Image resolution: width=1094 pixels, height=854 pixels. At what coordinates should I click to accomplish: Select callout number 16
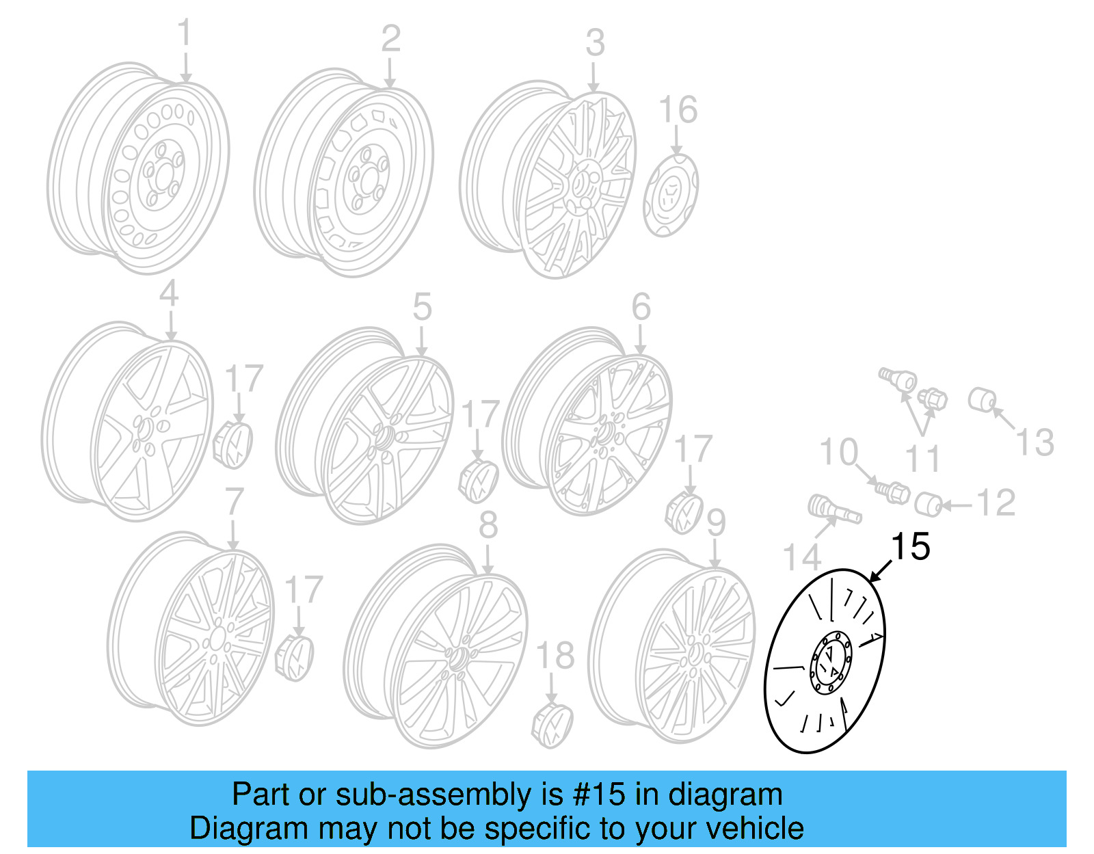tap(678, 110)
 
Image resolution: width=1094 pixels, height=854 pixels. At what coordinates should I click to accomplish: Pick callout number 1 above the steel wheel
tap(185, 34)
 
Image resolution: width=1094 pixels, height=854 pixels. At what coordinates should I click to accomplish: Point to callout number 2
tap(390, 39)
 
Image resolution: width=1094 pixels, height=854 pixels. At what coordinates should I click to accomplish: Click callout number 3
tap(595, 43)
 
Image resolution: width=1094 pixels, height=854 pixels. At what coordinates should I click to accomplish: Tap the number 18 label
tap(555, 656)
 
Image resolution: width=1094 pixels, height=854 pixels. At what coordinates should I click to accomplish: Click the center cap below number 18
tap(552, 723)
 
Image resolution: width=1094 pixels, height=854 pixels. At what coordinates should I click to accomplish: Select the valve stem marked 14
tap(831, 509)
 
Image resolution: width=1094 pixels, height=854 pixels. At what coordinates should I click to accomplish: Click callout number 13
tap(1035, 442)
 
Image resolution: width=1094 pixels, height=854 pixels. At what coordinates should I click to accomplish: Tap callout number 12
tap(996, 504)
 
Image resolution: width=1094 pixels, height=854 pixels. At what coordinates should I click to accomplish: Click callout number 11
tap(922, 459)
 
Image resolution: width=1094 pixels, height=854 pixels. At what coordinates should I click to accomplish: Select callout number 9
tap(715, 523)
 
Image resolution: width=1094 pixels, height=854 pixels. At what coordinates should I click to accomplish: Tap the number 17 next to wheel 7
tap(303, 590)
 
